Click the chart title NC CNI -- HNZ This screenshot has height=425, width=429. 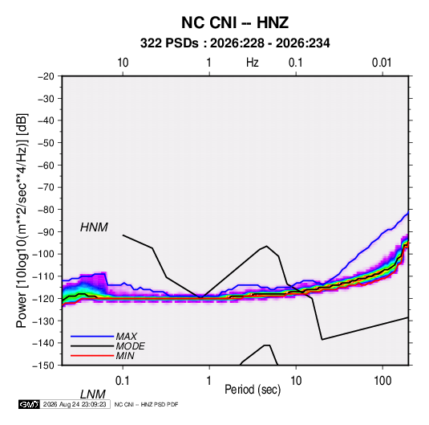[235, 22]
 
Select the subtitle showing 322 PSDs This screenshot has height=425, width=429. [235, 43]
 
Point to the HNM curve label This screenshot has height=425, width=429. [94, 227]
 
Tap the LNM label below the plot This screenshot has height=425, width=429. [92, 394]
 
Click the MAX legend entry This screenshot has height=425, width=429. [126, 336]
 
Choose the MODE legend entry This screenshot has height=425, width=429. [130, 346]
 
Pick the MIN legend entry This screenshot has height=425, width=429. [125, 356]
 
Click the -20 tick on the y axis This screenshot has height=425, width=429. [46, 76]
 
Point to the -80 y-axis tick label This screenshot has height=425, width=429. [46, 210]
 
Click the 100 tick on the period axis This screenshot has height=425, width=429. [382, 381]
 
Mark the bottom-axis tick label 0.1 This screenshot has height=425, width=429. [123, 381]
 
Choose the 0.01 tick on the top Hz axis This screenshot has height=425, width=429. [382, 63]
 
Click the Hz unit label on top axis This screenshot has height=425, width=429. [253, 63]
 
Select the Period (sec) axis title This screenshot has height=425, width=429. [253, 390]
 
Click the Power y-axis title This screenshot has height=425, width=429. [22, 221]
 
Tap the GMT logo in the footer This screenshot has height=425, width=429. [29, 404]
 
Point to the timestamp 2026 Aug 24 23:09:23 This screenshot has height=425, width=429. [75, 404]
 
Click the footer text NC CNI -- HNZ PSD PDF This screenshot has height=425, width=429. [146, 404]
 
